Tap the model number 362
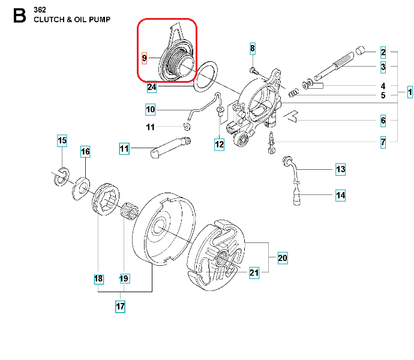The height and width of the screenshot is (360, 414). pyautogui.click(x=40, y=10)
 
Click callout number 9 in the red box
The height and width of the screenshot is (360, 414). pyautogui.click(x=144, y=58)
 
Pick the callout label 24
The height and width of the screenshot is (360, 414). pyautogui.click(x=152, y=88)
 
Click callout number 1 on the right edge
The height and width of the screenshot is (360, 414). pyautogui.click(x=410, y=92)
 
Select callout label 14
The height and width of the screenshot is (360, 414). pyautogui.click(x=340, y=195)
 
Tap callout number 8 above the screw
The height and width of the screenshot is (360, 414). pyautogui.click(x=253, y=48)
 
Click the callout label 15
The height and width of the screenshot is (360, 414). pyautogui.click(x=62, y=142)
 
